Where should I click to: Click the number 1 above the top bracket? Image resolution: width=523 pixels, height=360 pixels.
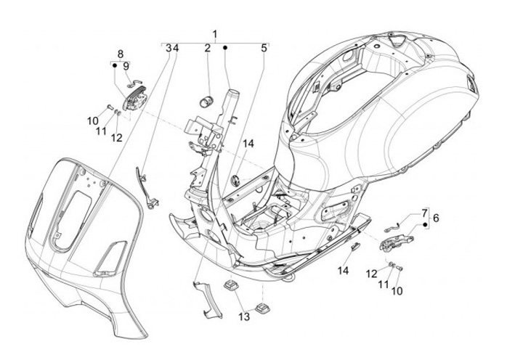click(x=215, y=34)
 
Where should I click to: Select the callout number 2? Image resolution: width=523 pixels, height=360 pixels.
click(x=208, y=49)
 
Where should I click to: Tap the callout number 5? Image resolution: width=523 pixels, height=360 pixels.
click(x=264, y=49)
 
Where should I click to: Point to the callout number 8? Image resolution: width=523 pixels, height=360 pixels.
click(x=121, y=54)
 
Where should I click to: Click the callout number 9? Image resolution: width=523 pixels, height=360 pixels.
click(x=126, y=66)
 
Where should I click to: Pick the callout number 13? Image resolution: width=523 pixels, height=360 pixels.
click(x=244, y=316)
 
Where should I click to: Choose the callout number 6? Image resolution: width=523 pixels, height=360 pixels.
click(x=436, y=218)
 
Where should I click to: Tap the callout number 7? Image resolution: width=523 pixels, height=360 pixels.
click(x=424, y=213)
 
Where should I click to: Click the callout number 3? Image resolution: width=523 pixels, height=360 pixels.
click(x=169, y=49)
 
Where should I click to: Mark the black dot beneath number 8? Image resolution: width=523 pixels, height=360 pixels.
click(x=114, y=65)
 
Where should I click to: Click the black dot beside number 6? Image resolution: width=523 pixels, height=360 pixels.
click(x=425, y=225)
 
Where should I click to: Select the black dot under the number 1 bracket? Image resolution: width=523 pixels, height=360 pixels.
click(x=225, y=48)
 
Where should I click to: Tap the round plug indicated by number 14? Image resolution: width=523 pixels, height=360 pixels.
click(x=236, y=180)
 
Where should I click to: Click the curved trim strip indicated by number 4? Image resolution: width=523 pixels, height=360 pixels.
click(x=146, y=189)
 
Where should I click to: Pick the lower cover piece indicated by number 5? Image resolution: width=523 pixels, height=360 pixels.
click(x=203, y=299)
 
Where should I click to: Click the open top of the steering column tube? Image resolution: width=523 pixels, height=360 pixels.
click(x=234, y=92)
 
